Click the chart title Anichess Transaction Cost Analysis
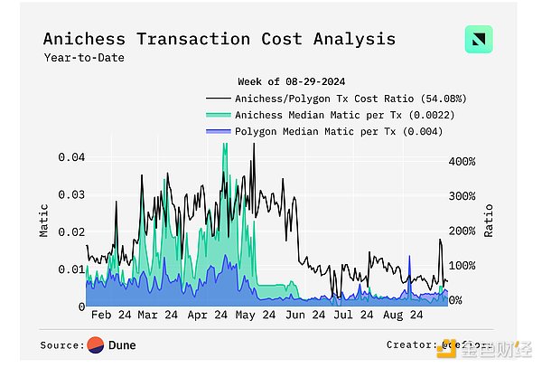(220, 39)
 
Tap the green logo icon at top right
(479, 41)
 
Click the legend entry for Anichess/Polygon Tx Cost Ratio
(350, 99)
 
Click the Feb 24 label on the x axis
(109, 316)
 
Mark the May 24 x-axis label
(257, 316)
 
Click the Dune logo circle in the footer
(95, 344)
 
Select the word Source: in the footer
(62, 344)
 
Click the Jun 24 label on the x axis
(306, 316)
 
